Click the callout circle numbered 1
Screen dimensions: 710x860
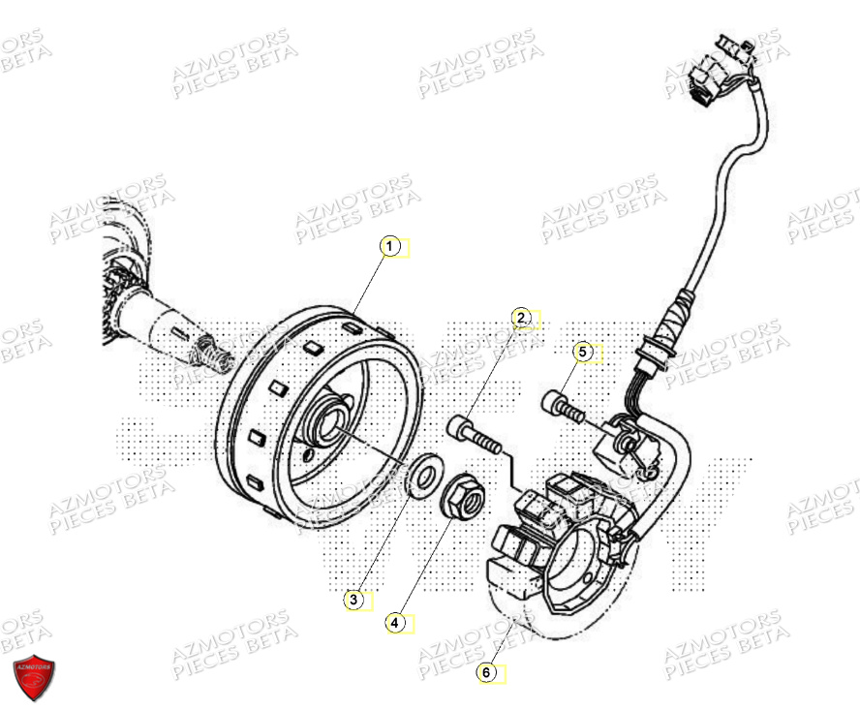pyautogui.click(x=389, y=247)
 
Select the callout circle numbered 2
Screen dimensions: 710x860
pyautogui.click(x=521, y=318)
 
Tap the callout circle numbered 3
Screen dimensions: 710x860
pyautogui.click(x=354, y=601)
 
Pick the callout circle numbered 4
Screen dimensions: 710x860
pyautogui.click(x=395, y=623)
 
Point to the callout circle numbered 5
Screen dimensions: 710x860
pyautogui.click(x=582, y=353)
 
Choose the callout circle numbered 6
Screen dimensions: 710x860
pyautogui.click(x=487, y=670)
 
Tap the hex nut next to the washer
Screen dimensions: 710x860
pyautogui.click(x=461, y=499)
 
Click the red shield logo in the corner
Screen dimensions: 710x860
pyautogui.click(x=34, y=677)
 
